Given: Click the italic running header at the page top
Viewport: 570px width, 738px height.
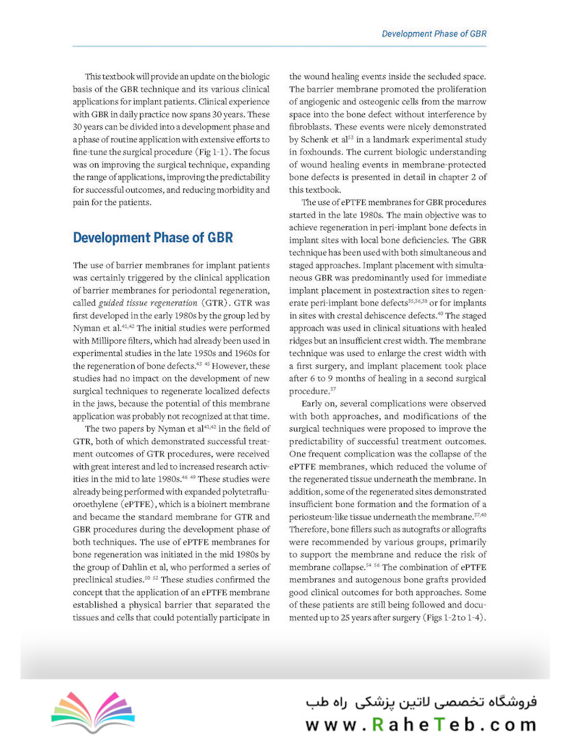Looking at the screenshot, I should (x=433, y=33).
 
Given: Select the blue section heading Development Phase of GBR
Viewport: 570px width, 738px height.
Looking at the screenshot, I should (x=152, y=238).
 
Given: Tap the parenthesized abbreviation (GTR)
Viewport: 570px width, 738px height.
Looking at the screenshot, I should (x=213, y=302).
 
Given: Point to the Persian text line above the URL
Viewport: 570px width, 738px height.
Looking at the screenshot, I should (x=421, y=702).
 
